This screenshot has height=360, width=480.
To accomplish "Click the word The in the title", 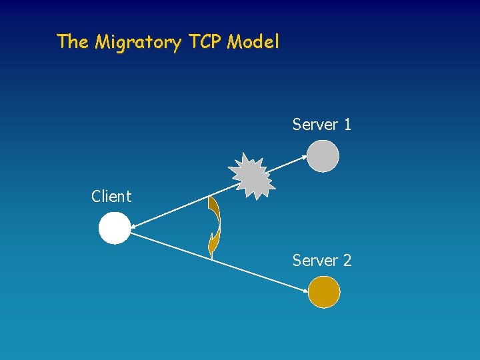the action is tap(72, 41).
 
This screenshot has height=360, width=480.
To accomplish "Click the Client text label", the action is tap(111, 197).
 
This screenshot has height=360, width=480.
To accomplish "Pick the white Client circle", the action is tap(115, 228).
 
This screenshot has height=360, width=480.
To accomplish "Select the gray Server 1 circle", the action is tap(323, 156).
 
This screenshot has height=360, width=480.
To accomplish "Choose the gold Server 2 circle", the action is tap(324, 292).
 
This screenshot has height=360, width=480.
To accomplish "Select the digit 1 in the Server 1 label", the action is tap(347, 125).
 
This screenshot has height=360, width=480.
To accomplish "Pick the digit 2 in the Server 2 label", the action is tap(347, 261).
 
